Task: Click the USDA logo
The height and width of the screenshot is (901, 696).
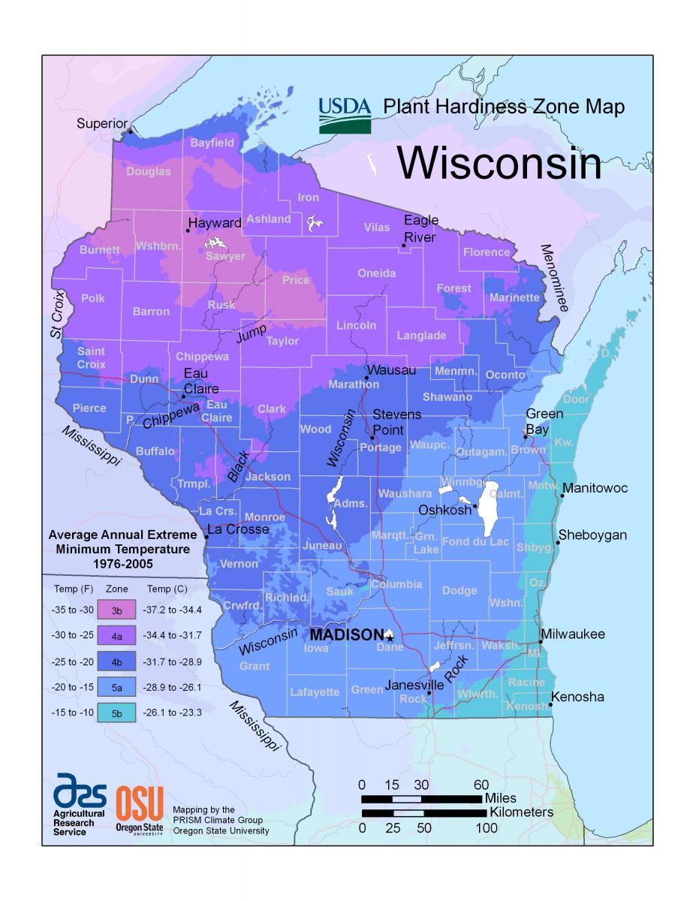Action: [x=345, y=115]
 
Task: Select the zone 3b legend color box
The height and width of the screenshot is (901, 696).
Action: [x=117, y=609]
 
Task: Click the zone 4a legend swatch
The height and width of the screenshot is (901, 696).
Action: [x=117, y=635]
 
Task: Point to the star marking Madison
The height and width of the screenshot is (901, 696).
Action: [x=390, y=637]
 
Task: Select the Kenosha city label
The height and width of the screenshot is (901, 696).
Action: [x=578, y=698]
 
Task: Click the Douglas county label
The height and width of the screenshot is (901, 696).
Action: [x=148, y=171]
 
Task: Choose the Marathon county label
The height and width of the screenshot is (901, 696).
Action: [x=354, y=384]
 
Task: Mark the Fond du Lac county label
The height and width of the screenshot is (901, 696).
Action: [x=475, y=542]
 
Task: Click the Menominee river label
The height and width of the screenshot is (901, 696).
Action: [x=555, y=278]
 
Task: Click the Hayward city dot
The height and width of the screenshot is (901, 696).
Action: [x=188, y=230]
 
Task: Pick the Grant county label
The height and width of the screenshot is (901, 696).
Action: [x=254, y=666]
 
